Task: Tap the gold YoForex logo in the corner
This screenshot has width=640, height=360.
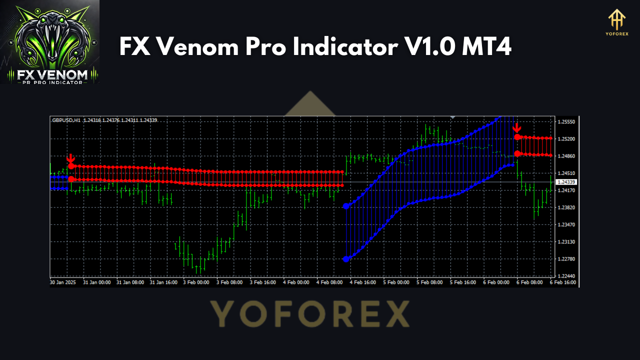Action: tap(616, 23)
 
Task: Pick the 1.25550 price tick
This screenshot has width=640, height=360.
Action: tap(566, 122)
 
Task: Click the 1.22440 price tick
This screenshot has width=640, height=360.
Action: tap(566, 276)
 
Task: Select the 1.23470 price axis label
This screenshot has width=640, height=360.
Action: tap(566, 224)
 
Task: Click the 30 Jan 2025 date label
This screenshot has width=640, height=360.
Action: tap(62, 282)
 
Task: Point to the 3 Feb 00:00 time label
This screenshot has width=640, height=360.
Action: tap(196, 282)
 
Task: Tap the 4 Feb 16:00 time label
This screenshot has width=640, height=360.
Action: tap(363, 282)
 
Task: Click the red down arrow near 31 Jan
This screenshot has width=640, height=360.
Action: tap(71, 158)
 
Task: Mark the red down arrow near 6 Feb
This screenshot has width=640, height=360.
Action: tap(517, 128)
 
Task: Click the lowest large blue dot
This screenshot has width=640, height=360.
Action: tap(346, 259)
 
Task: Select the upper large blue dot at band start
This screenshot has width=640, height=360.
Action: tap(346, 206)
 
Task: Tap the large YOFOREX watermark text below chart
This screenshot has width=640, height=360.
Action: tap(309, 314)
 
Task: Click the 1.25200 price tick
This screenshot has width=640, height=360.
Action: tap(566, 139)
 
